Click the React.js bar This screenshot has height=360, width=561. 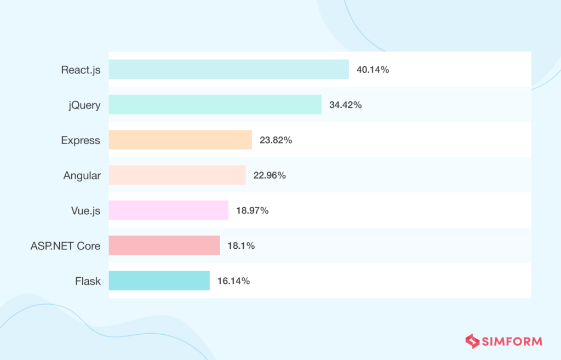pyautogui.click(x=228, y=70)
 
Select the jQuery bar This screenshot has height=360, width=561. pyautogui.click(x=215, y=105)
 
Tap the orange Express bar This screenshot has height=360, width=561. pyautogui.click(x=180, y=140)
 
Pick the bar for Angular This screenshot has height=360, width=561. pyautogui.click(x=177, y=175)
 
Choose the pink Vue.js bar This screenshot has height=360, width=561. pyautogui.click(x=168, y=210)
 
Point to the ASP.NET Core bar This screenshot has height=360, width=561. pyautogui.click(x=164, y=245)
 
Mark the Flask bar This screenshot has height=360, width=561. pyautogui.click(x=159, y=281)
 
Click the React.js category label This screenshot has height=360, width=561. pyautogui.click(x=81, y=70)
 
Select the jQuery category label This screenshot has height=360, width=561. pyautogui.click(x=85, y=105)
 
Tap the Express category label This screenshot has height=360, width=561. pyautogui.click(x=81, y=140)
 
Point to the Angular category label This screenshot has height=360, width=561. pyautogui.click(x=82, y=175)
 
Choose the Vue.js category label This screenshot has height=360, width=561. pyautogui.click(x=85, y=210)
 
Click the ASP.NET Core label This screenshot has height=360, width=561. pyautogui.click(x=65, y=245)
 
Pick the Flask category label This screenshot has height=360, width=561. pyautogui.click(x=88, y=281)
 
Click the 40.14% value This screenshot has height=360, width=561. pyautogui.click(x=373, y=70)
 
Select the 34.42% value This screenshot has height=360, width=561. pyautogui.click(x=345, y=105)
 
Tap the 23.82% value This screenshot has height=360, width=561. pyautogui.click(x=276, y=140)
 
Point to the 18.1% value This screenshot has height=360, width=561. pyautogui.click(x=241, y=246)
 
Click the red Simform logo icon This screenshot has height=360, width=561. pyautogui.click(x=472, y=341)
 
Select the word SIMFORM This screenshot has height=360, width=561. pyautogui.click(x=512, y=341)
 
